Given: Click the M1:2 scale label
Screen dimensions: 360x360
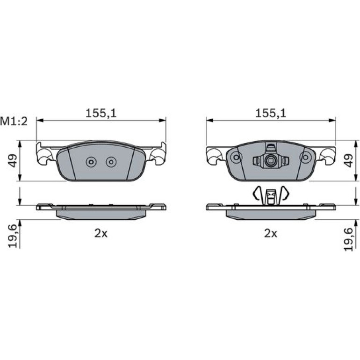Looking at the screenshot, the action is [x=14, y=122].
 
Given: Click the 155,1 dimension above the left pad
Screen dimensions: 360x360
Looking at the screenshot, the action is [x=101, y=113].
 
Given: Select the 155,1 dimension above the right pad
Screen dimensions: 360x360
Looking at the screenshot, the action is [x=271, y=113].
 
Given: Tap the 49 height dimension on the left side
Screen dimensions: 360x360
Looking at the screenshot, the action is [x=13, y=160].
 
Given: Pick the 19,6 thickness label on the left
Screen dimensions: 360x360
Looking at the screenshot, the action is [x=13, y=236].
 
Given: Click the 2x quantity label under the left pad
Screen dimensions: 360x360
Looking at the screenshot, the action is [x=101, y=233].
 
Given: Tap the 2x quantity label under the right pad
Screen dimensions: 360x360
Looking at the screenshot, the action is [x=271, y=233].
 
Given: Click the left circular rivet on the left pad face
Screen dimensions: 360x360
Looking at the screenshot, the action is [x=91, y=162].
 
